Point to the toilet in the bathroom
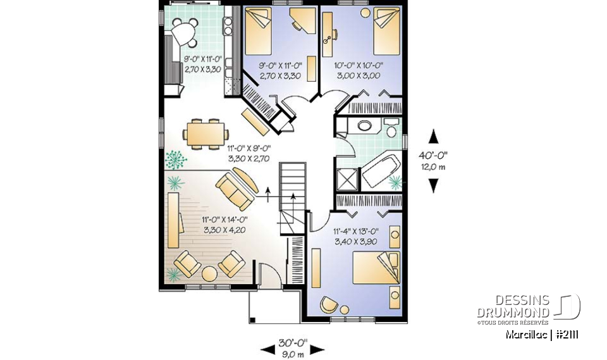391,131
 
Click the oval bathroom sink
365,125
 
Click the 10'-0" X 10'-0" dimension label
358,65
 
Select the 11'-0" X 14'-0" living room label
224,220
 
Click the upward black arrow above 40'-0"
433,135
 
